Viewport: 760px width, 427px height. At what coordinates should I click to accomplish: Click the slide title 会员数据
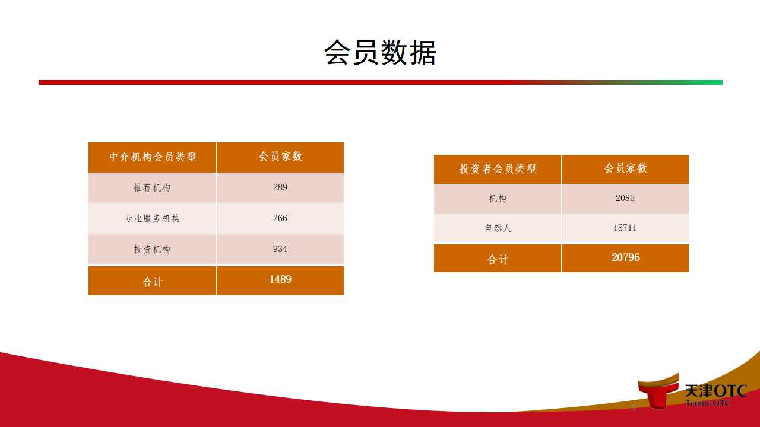(380, 52)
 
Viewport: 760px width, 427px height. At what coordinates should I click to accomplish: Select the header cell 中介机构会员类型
(153, 157)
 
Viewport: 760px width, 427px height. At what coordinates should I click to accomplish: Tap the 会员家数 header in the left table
(280, 156)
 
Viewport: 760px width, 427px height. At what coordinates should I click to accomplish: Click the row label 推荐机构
(152, 187)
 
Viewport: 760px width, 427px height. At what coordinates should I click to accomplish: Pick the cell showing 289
(280, 187)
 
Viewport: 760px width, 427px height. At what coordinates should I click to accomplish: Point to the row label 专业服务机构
(152, 218)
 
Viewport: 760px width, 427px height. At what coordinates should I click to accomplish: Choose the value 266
(280, 218)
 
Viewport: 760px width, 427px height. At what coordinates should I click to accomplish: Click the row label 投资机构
(152, 249)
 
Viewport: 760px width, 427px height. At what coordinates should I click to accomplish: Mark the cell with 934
(280, 248)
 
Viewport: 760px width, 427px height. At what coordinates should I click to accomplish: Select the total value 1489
(280, 279)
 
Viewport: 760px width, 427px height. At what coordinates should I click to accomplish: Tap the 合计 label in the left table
(153, 282)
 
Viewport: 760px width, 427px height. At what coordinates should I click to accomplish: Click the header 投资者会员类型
(498, 168)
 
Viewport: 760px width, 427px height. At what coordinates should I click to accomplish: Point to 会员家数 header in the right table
(626, 168)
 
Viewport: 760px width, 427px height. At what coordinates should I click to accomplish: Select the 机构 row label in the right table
(498, 198)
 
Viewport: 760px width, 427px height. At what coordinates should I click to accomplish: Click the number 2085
(625, 198)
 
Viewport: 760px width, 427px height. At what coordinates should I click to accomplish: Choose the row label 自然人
(498, 228)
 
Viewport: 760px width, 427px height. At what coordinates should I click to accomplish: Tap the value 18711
(625, 227)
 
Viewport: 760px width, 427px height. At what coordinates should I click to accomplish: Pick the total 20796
(626, 257)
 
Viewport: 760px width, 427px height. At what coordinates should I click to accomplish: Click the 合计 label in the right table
(498, 260)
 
